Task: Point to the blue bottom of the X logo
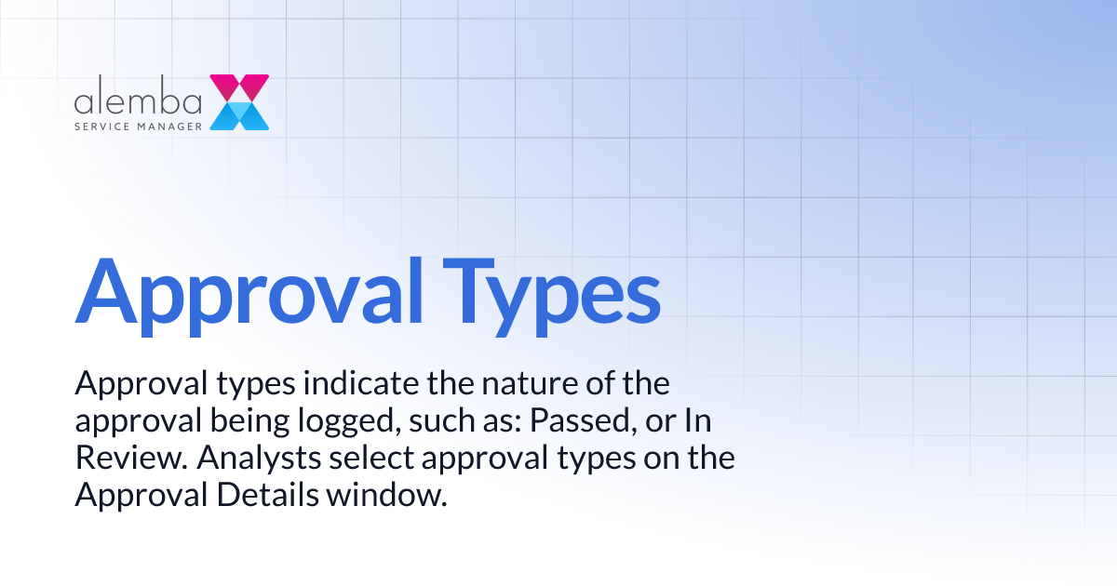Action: pyautogui.click(x=239, y=117)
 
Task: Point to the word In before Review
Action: pyautogui.click(x=697, y=421)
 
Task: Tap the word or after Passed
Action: pyautogui.click(x=659, y=421)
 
